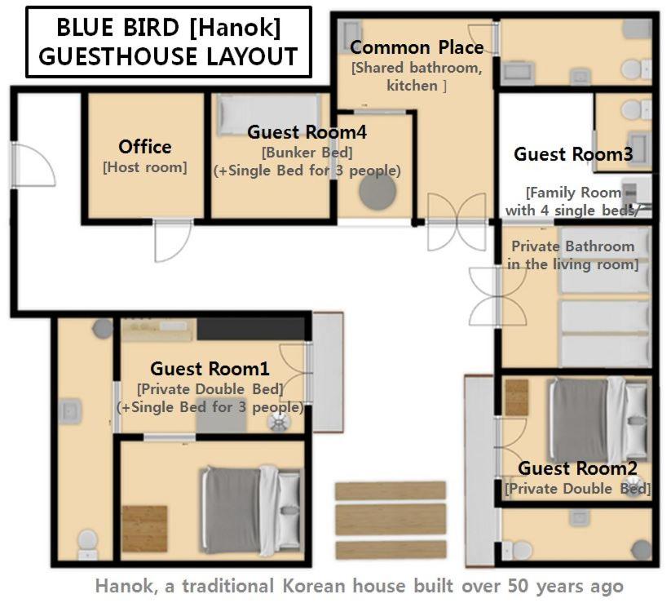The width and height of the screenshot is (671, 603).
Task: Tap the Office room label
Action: coord(145,147)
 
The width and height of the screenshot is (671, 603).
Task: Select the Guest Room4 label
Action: coord(307,132)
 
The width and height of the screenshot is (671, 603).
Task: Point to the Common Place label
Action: coord(417,47)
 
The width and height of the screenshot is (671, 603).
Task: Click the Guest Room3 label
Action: coord(573,154)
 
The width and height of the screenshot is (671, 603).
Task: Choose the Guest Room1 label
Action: coord(210,369)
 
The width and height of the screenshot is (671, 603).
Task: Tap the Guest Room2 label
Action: coord(578,468)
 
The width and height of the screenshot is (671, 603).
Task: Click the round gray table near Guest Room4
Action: coord(377,193)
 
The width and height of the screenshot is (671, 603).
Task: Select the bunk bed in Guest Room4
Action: coord(268,115)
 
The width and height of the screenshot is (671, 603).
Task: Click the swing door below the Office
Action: coord(173,241)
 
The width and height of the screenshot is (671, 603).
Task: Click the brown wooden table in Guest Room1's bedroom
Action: coord(144,529)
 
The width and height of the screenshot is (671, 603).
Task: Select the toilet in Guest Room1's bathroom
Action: coord(88,545)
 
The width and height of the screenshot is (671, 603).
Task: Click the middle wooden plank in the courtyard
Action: coord(391,520)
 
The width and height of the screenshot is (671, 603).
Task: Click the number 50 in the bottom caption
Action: coord(519,586)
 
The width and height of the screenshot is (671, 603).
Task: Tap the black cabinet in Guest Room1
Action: coord(252,329)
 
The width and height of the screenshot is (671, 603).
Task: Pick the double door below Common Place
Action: coord(457,222)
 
